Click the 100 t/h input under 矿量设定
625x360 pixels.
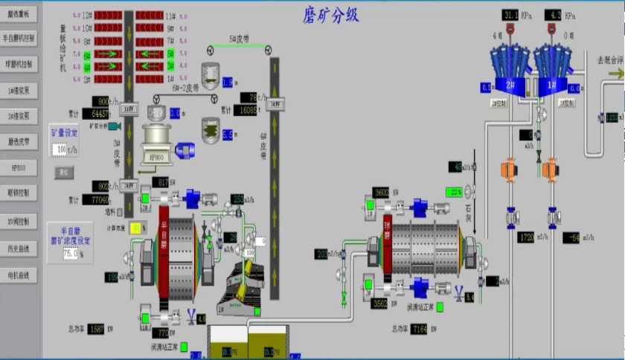[60, 150]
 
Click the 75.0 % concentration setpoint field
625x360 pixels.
[70, 254]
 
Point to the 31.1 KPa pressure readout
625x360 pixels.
[511, 15]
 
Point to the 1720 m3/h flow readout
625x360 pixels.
[526, 237]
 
